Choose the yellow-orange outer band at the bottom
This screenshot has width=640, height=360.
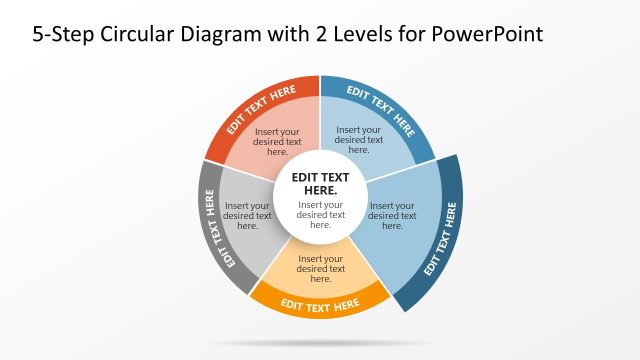coord(320,301)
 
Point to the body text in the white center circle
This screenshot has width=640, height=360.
coord(320,215)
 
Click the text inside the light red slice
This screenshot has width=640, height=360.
coord(278,142)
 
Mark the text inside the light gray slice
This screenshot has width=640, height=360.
coord(246,215)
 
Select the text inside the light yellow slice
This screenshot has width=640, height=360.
coord(321,268)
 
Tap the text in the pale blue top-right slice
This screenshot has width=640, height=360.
coord(358,139)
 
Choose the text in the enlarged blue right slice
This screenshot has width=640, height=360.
coord(393,215)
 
